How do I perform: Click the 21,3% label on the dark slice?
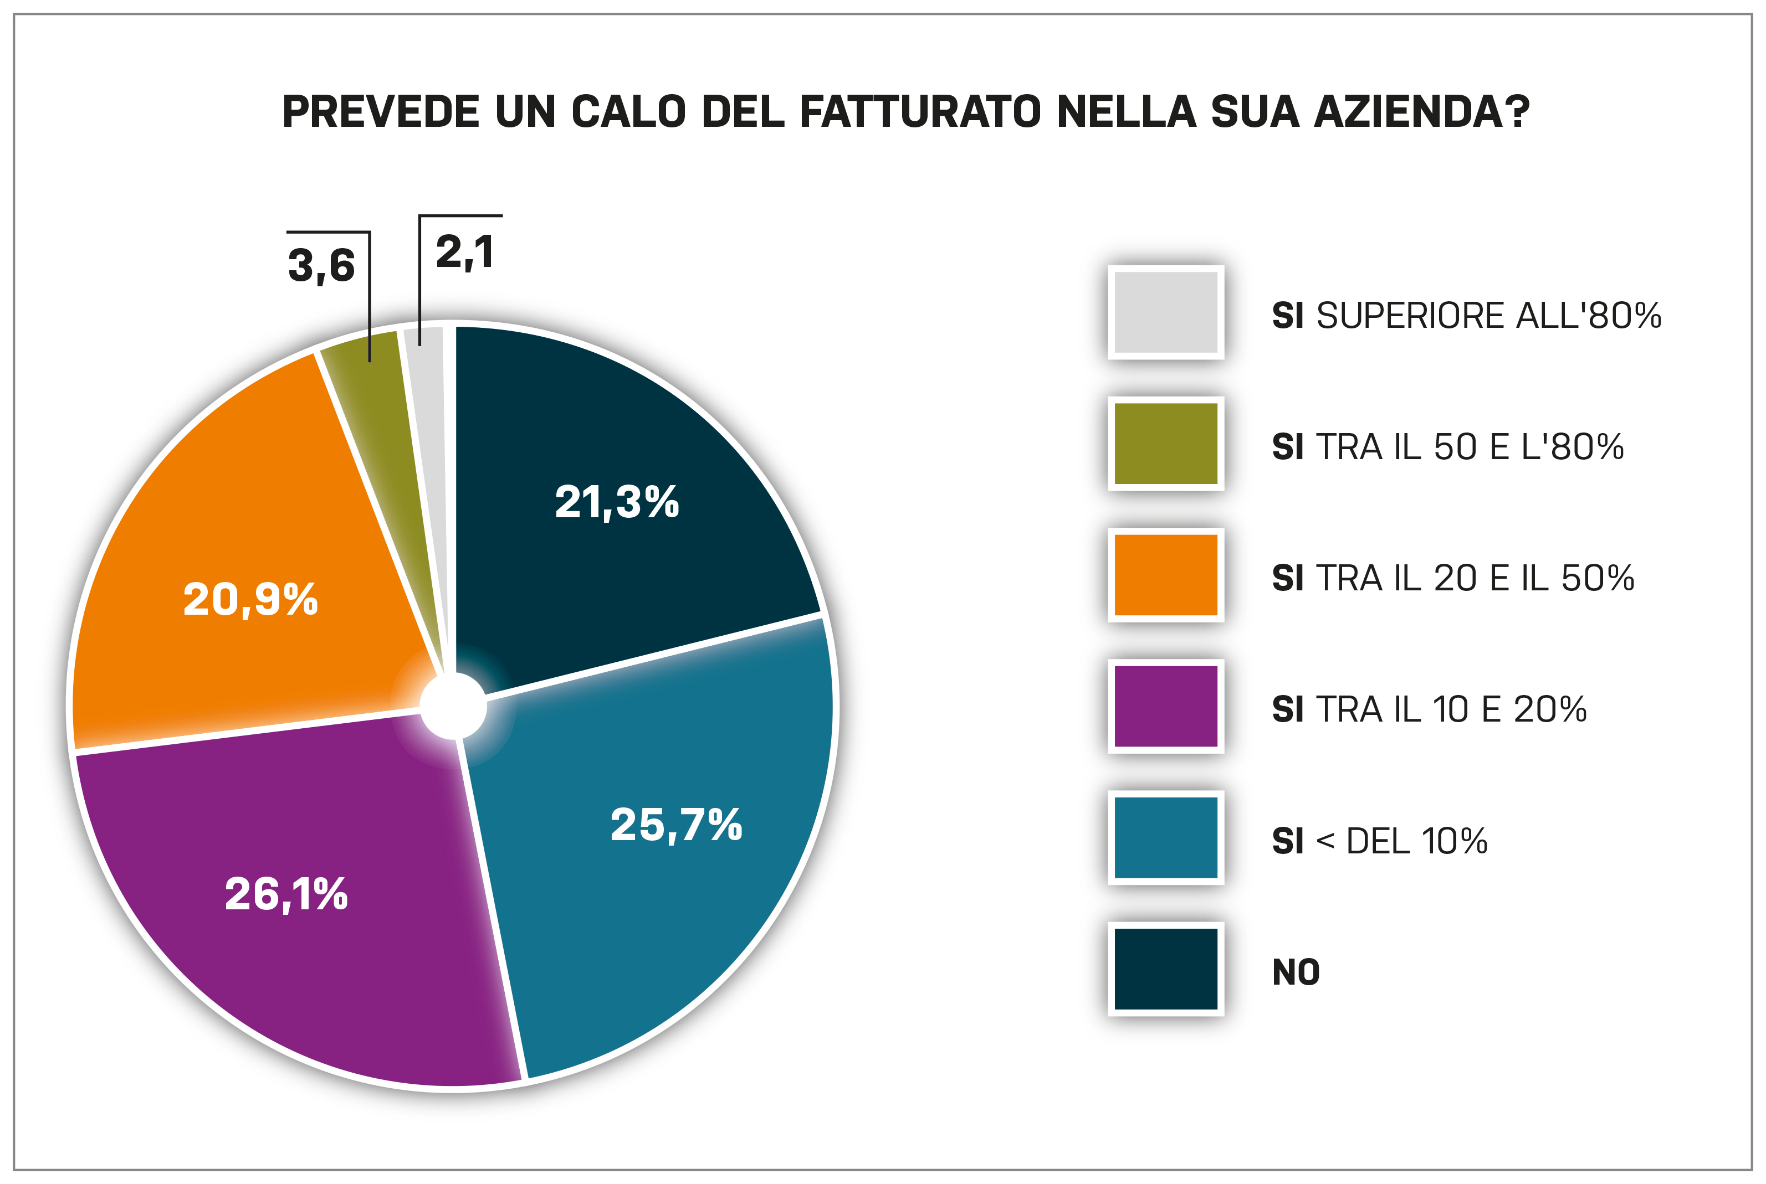pos(616,502)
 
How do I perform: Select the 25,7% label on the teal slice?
pos(676,825)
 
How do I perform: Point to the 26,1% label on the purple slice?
pos(286,895)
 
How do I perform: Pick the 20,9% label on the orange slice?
pos(250,600)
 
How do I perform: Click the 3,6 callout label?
pos(321,266)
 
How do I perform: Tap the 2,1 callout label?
pos(464,252)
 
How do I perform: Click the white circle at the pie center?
pos(453,707)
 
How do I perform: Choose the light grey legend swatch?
pos(1165,312)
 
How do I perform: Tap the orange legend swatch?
pos(1165,575)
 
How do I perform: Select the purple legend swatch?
pos(1165,707)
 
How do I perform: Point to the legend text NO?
pos(1296,972)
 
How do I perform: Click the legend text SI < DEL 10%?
pos(1379,841)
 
